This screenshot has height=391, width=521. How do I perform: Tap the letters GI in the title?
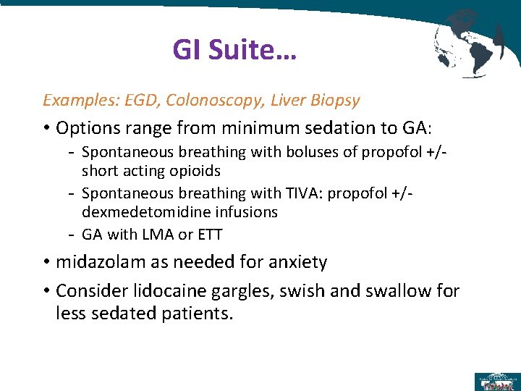coord(187,50)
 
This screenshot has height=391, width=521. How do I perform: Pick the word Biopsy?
coord(336,100)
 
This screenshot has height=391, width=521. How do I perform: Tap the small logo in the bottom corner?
coord(496,381)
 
